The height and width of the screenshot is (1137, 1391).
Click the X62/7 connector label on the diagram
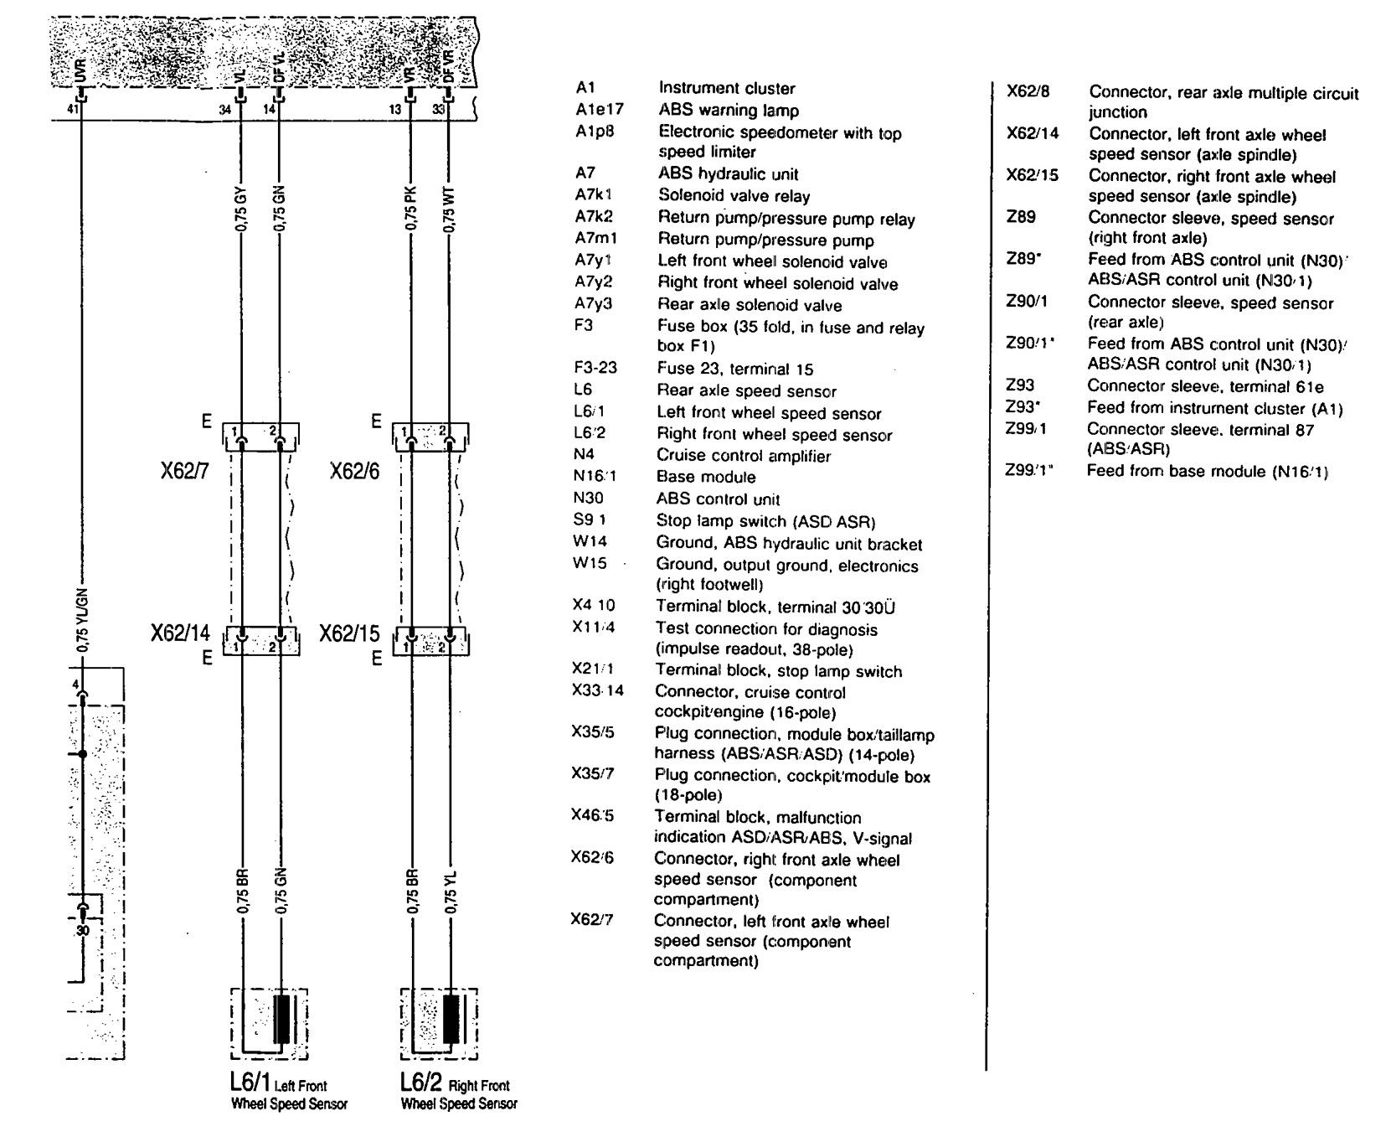pos(184,472)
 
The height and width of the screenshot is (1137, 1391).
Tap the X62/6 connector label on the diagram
pos(354,472)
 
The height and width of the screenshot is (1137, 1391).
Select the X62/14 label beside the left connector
pos(180,633)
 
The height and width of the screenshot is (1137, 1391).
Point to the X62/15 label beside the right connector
pos(349,633)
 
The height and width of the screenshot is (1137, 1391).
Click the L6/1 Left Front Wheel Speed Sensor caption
pos(288,1094)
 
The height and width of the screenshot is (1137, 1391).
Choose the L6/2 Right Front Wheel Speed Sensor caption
pos(458,1094)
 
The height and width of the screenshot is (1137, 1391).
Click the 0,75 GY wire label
pos(241,209)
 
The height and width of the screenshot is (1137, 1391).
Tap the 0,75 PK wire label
pos(410,209)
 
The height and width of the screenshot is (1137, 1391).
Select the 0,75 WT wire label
pos(450,209)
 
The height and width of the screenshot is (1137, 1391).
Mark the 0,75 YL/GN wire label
pos(82,619)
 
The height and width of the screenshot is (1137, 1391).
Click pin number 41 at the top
pos(72,109)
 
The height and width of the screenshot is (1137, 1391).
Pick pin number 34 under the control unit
pos(224,109)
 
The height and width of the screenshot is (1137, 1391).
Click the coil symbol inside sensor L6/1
pos(281,1020)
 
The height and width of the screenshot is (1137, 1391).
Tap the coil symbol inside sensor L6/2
pos(451,1020)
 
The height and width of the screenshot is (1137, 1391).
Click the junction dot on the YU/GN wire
pos(82,754)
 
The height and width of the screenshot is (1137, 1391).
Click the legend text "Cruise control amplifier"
pos(743,456)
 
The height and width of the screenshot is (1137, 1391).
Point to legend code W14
pos(590,542)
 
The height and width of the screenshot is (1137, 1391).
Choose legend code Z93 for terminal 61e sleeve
pos(1020,385)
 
